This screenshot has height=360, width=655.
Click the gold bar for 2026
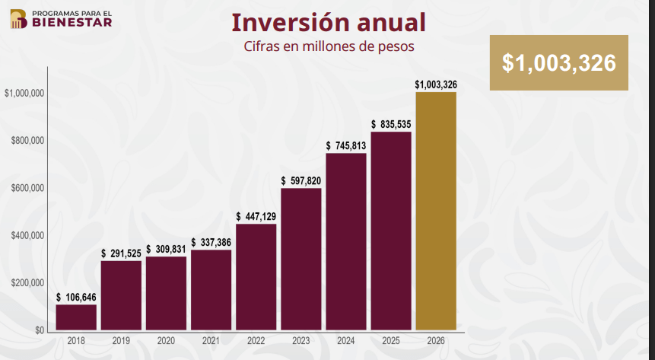tap(436, 212)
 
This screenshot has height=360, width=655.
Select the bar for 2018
tap(76, 317)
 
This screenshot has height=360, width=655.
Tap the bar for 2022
tap(256, 278)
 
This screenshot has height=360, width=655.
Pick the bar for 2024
tap(346, 242)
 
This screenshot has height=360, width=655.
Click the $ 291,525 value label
tap(121, 253)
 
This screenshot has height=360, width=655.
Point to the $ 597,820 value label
tap(301, 180)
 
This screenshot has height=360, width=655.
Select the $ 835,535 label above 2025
tap(391, 124)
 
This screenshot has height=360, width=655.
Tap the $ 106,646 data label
tap(76, 297)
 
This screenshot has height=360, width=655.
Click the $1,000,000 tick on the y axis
tap(24, 94)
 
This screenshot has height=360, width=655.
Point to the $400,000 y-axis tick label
tap(27, 236)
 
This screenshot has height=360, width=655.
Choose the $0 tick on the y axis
tap(37, 330)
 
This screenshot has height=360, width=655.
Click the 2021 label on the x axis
tap(211, 341)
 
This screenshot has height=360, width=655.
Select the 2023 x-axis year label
tap(300, 341)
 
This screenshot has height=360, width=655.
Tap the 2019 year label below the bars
tap(121, 341)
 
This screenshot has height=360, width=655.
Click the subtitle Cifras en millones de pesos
tap(328, 47)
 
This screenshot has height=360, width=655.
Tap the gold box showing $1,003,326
tap(559, 63)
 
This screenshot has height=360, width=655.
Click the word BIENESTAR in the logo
tap(72, 22)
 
